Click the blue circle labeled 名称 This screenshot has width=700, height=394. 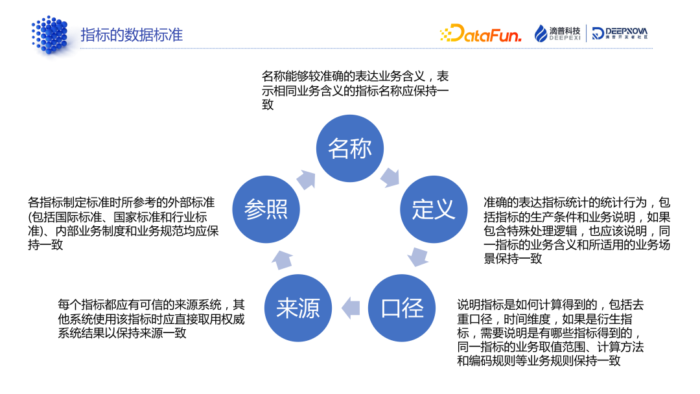350,148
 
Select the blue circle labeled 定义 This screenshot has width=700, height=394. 433,209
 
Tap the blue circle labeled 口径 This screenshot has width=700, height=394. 402,308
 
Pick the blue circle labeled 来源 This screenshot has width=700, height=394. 298,308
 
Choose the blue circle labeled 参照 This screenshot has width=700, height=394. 266,209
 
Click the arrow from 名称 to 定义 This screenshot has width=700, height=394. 390,176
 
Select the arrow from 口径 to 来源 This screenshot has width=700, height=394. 351,307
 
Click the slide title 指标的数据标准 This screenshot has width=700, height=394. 132,34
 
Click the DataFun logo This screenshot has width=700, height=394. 480,34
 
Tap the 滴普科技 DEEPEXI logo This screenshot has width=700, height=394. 557,34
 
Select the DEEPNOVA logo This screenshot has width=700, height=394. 619,34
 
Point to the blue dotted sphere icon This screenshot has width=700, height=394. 49,34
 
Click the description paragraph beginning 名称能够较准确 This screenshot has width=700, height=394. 355,90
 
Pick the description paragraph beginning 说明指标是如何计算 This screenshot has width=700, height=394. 550,332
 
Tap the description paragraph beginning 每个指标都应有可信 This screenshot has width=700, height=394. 151,318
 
